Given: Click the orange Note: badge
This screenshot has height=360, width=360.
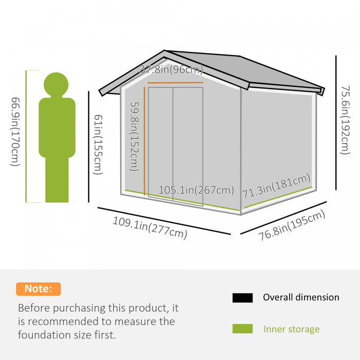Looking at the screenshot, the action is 39,289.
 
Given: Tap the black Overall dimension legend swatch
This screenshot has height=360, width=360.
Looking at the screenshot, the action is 242,298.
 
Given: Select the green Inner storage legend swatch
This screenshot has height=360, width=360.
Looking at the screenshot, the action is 242,329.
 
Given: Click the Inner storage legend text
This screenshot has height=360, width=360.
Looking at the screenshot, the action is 292,329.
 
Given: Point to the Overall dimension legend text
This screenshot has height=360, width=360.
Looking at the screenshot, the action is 301,297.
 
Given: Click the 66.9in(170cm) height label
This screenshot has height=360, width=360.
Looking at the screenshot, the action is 15,132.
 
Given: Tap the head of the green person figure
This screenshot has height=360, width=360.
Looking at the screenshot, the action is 56,84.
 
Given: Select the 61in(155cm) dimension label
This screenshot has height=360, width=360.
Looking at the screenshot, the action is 98,145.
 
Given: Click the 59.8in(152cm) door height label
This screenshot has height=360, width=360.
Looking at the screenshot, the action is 135,137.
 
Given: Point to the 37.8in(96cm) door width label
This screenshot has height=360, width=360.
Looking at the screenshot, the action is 171,69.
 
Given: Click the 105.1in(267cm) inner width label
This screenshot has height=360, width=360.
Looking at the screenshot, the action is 196,190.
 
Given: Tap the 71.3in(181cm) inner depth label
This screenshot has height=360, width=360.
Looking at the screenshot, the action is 277,186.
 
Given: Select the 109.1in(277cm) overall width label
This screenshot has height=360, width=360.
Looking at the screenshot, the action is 150,228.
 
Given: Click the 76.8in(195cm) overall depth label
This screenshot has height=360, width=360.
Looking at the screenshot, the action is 292,225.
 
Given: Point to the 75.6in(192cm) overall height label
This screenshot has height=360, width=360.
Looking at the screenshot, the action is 345,120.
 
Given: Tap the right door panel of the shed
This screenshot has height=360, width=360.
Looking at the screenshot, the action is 188,147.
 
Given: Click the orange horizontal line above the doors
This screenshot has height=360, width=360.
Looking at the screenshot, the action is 175,82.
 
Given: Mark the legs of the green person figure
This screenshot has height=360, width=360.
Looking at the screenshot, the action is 57,180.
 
